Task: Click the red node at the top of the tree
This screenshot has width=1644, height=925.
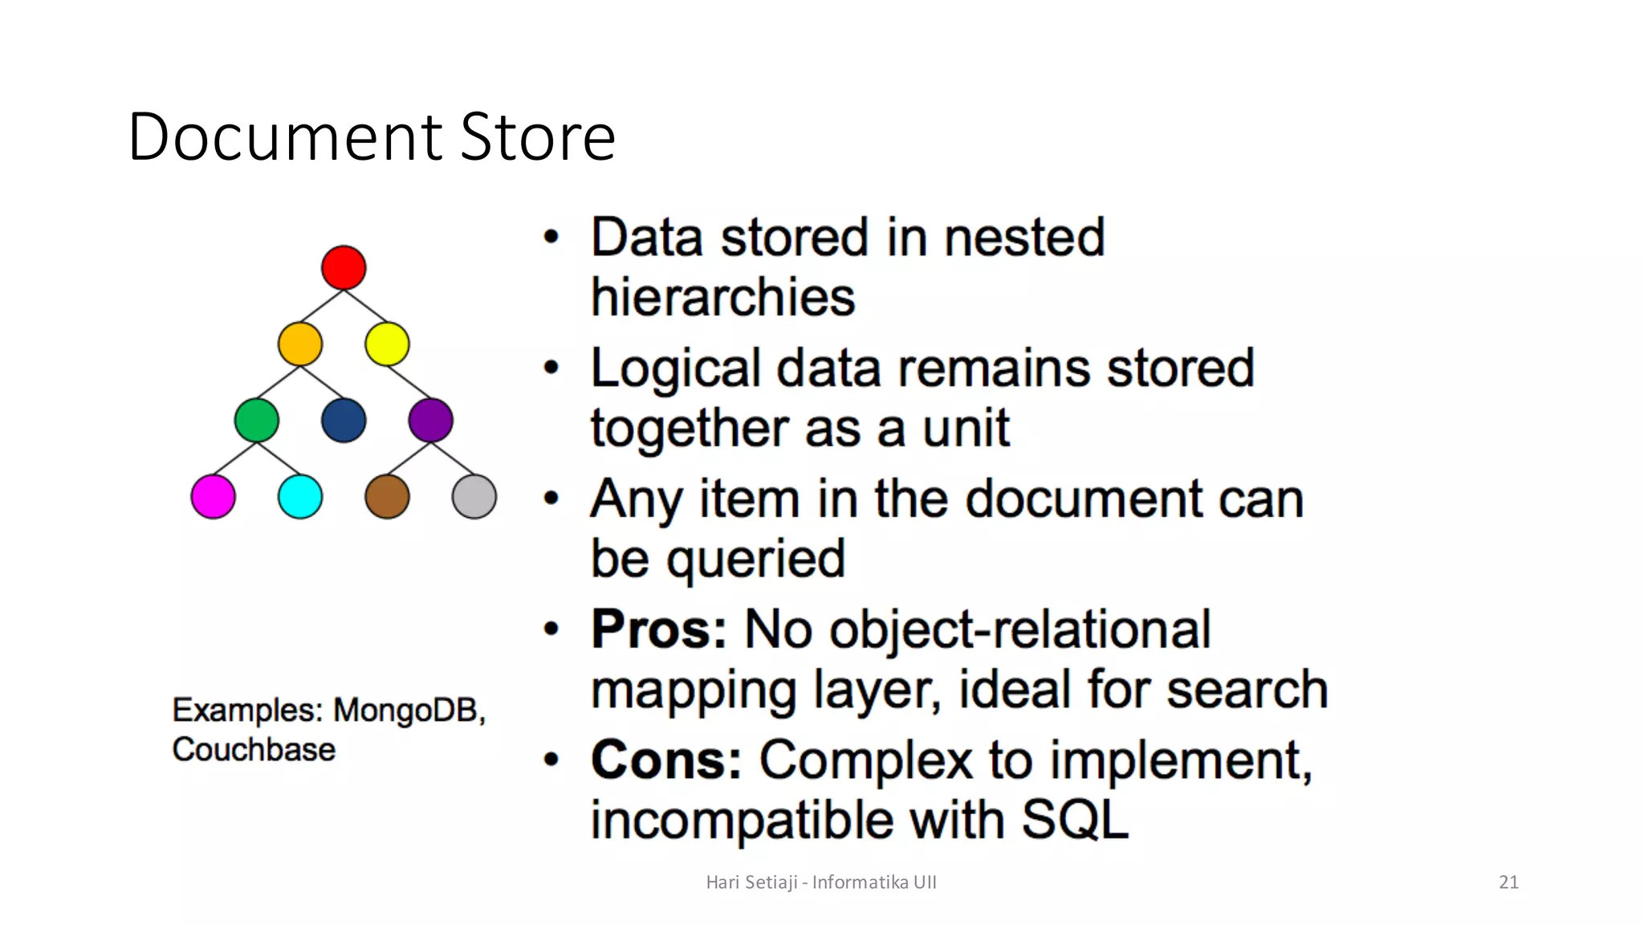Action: coord(344,267)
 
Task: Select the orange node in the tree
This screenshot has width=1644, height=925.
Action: coord(300,344)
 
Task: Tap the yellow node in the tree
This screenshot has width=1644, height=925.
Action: coord(387,344)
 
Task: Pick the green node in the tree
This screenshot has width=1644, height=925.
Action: coord(257,420)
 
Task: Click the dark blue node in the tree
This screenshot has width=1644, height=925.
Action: coord(344,420)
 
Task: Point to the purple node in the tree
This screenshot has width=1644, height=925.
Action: coord(430,420)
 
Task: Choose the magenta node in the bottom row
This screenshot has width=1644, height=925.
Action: coord(214,496)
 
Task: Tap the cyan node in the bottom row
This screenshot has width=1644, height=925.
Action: coord(300,496)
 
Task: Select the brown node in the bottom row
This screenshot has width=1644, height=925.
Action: coord(387,496)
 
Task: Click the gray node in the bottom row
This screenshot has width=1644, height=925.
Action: coord(474,496)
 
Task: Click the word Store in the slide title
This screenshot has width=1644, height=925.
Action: coord(538,137)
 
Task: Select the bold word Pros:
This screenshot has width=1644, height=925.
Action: coord(659,629)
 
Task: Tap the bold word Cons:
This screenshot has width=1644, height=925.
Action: coord(666,760)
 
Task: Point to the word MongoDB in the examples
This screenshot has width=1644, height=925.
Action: coord(408,711)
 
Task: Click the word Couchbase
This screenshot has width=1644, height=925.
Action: coord(254,750)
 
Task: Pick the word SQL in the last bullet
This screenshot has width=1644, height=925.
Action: coord(1074,820)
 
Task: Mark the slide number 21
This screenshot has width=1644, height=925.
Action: coord(1508,882)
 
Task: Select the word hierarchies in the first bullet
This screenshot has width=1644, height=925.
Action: coord(722,297)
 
